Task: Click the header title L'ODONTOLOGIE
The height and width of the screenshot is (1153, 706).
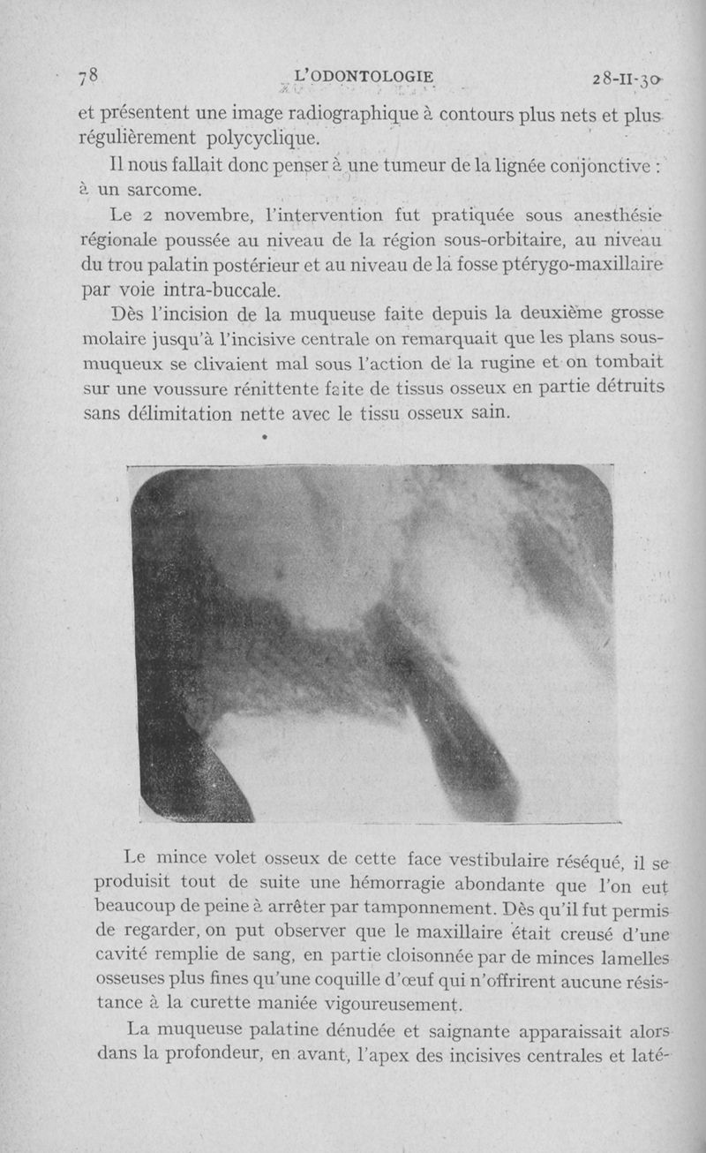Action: coord(365,77)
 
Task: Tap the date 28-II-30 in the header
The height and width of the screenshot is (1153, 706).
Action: coord(627,79)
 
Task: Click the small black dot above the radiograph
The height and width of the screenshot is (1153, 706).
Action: coord(264,436)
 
